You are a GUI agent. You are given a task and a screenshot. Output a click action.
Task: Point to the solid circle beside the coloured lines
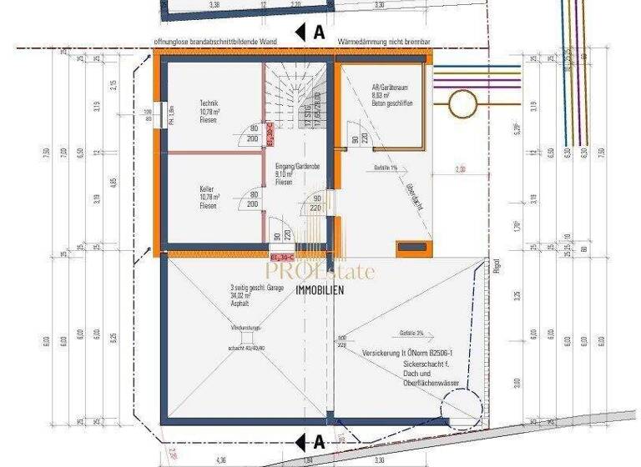tap(459, 105)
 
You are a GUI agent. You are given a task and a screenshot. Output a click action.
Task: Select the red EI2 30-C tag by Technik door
tap(271, 135)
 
